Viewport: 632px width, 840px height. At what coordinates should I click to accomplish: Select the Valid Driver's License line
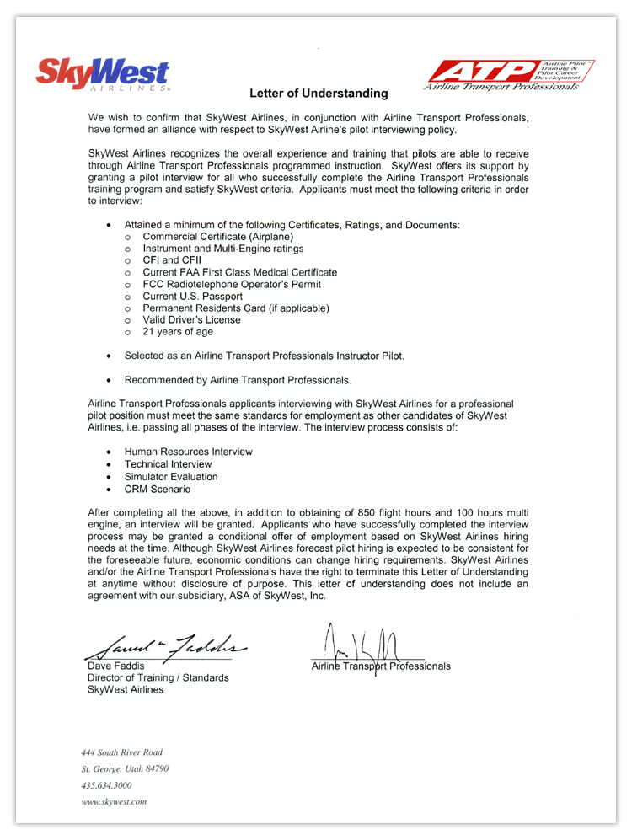pyautogui.click(x=191, y=320)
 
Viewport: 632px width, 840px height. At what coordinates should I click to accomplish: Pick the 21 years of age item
pyautogui.click(x=178, y=332)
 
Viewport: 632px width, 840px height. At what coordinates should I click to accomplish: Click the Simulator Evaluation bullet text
pyautogui.click(x=171, y=477)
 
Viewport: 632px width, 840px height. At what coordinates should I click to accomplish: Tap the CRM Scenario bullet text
pyautogui.click(x=158, y=489)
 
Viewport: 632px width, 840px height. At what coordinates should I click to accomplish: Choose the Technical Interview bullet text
pyautogui.click(x=168, y=464)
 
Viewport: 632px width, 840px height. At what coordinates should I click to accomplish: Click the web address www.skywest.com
pyautogui.click(x=115, y=802)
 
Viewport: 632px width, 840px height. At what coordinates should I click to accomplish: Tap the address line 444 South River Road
pyautogui.click(x=121, y=752)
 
